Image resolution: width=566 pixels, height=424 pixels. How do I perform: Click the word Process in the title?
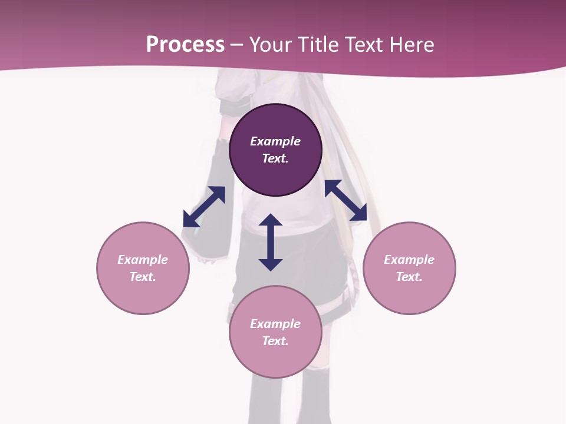point(185,45)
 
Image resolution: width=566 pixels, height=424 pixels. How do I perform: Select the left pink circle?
point(143,294)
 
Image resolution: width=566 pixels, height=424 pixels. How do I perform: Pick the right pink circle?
point(409,294)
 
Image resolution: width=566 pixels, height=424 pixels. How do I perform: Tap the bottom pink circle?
point(275,359)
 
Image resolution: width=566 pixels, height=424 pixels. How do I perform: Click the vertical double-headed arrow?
point(271,242)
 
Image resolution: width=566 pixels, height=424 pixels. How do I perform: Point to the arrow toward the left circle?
point(204,207)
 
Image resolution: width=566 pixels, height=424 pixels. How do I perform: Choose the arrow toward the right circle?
point(346,200)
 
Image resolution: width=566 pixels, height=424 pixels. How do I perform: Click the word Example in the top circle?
point(275,141)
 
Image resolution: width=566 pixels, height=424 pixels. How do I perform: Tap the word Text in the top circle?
point(275,158)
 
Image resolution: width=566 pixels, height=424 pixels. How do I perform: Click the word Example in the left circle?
point(143,260)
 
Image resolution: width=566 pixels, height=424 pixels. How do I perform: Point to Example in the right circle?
point(409,260)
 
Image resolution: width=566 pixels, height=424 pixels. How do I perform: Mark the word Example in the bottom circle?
point(275,324)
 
